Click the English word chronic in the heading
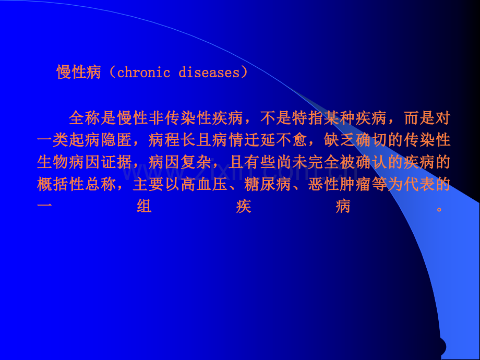tap(143, 73)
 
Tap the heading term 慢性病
tap(79, 73)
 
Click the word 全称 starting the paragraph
tap(83, 118)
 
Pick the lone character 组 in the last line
tap(144, 208)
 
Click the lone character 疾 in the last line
tap(243, 208)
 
